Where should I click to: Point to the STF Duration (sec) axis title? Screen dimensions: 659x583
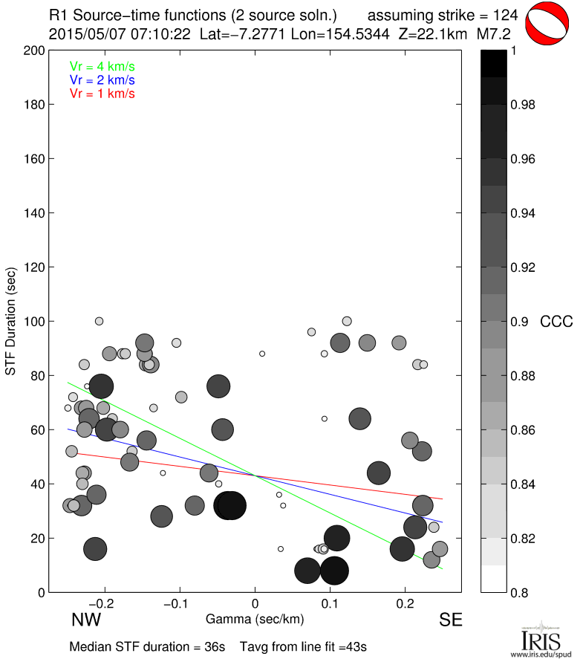tap(11, 321)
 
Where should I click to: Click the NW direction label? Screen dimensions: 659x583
tap(86, 620)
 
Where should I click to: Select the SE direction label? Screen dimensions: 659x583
tap(450, 620)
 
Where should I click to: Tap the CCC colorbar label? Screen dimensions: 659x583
tap(556, 322)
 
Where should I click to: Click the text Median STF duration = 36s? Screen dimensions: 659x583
tap(147, 646)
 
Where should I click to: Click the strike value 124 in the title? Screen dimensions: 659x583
tap(505, 15)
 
